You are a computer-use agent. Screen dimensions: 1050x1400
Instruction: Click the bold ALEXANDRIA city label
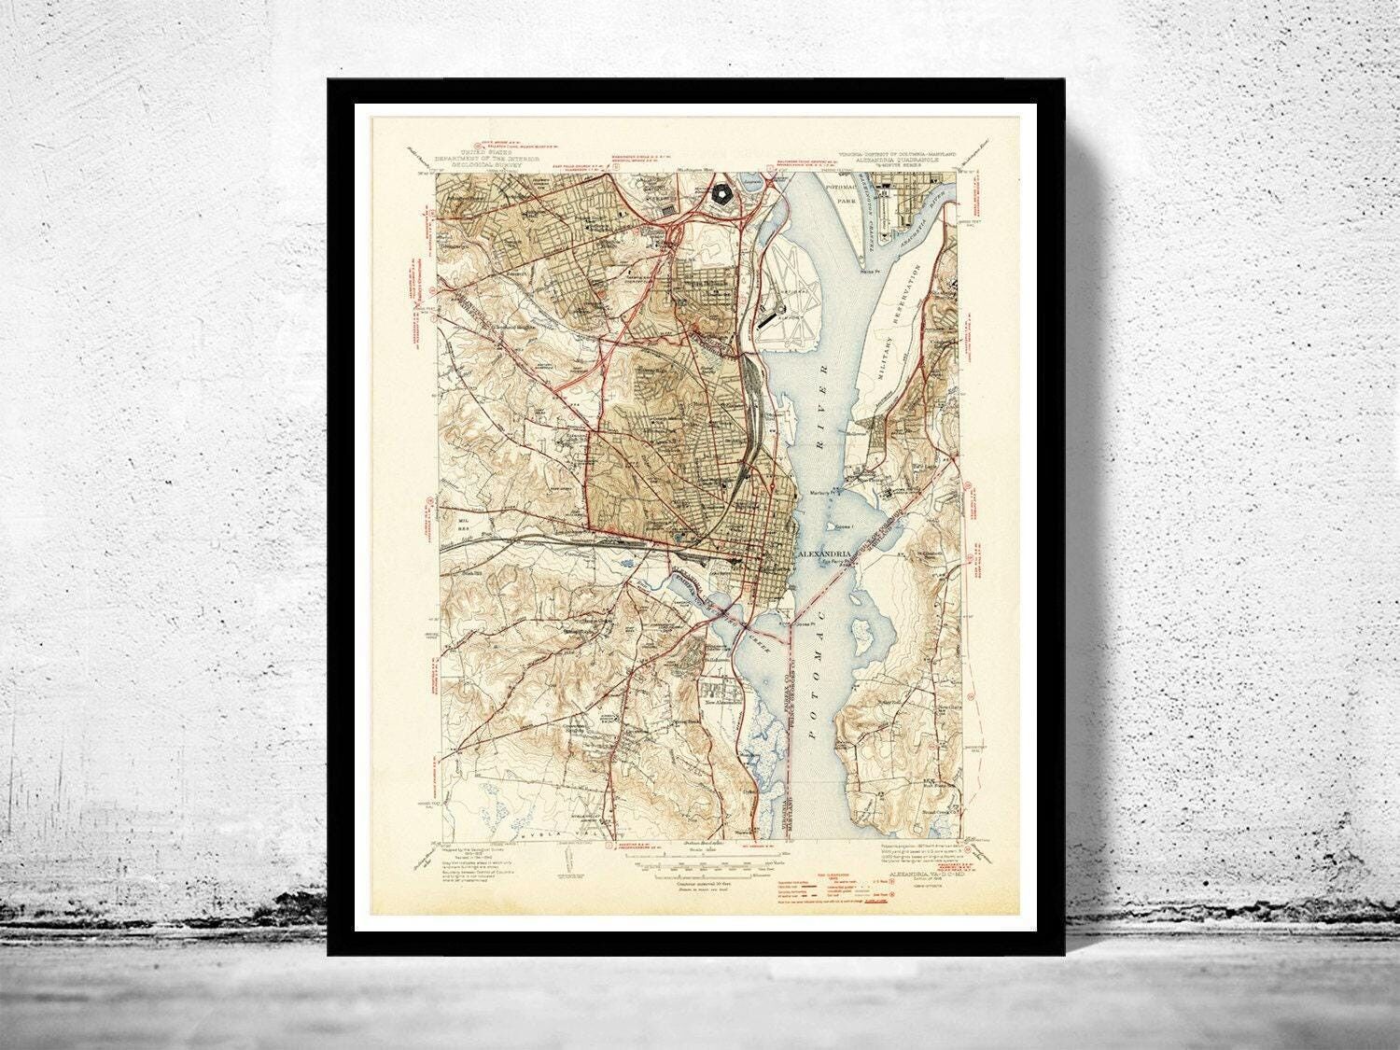(x=826, y=553)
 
